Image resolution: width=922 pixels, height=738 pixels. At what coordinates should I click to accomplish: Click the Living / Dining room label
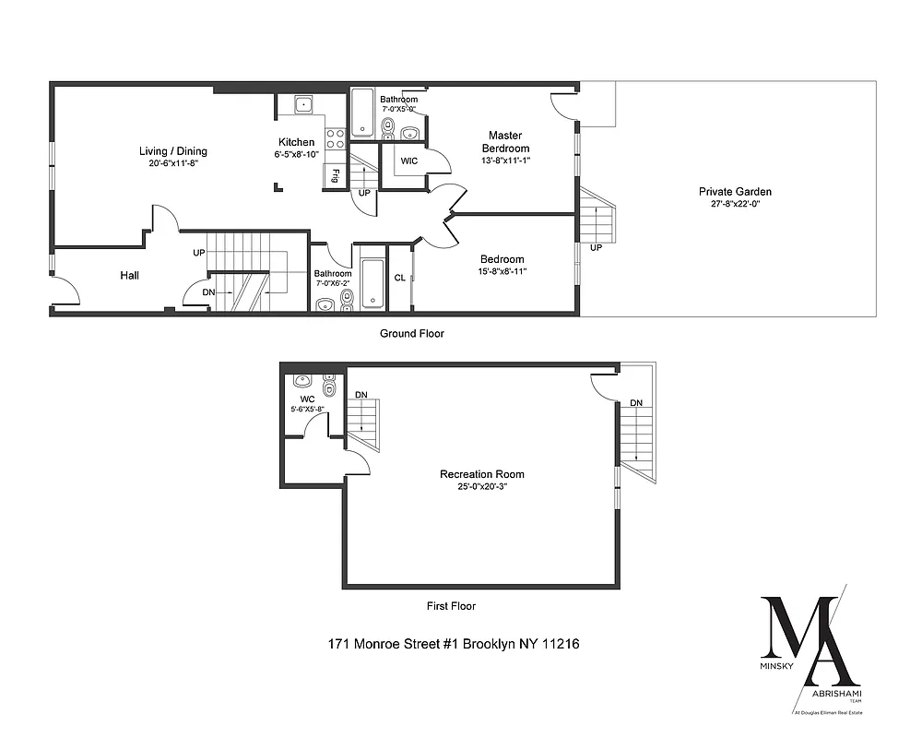(173, 151)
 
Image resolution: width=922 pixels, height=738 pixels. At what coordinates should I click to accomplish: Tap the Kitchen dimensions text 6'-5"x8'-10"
(297, 155)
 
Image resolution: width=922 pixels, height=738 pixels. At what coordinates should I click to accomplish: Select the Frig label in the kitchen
(337, 175)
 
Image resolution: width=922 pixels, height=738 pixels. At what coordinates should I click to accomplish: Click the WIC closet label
(409, 161)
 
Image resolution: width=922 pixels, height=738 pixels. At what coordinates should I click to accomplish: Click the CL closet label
(400, 278)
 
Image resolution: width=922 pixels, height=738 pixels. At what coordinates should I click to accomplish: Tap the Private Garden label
(735, 192)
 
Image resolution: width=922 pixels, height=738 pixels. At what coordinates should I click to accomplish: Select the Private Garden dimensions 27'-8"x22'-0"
(735, 205)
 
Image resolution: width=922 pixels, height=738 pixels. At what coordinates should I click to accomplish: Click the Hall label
(130, 275)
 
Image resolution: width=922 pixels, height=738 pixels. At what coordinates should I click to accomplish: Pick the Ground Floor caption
(413, 334)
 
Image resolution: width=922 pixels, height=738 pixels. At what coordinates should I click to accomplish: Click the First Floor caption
(451, 606)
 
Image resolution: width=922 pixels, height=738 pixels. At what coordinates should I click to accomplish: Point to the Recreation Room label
(482, 474)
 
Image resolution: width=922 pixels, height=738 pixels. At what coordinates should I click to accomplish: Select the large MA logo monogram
(800, 637)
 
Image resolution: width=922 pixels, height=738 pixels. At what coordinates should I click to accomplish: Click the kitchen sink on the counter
(303, 104)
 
